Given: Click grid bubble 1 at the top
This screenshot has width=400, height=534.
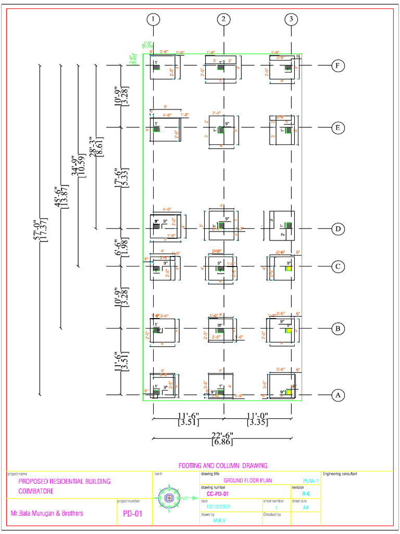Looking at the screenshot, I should coord(153,20).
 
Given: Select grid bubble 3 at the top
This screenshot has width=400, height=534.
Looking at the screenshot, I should coord(291,20).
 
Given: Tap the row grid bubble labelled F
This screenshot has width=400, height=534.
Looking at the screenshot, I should coord(338,66).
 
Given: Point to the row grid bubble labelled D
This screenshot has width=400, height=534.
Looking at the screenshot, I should coord(338,228).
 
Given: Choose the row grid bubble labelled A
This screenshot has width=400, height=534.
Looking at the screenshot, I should coord(338,395).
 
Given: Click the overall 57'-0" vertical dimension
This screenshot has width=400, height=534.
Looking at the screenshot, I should coord(39,229).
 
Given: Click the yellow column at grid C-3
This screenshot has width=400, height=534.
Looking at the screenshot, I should coord(289,269).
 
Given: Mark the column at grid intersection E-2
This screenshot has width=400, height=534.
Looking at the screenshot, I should coord(221,130).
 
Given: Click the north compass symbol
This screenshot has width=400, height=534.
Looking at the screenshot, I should coord(169,498).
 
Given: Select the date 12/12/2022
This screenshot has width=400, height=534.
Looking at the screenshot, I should coord(218,506).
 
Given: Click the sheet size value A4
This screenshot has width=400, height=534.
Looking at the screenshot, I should coord(306,506).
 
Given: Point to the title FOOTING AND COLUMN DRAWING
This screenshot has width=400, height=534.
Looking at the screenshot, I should coord(222,465).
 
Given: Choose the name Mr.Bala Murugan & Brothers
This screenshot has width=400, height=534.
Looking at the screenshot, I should coord(47,513).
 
